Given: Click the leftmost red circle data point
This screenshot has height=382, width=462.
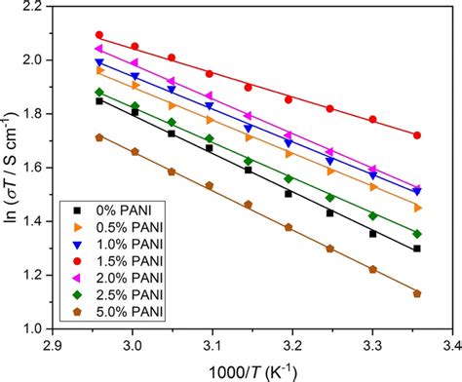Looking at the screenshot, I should pos(99,35).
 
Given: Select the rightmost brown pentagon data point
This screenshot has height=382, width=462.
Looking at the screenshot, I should pos(417,293).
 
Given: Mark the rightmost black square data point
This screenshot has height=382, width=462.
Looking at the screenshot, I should pos(417,248).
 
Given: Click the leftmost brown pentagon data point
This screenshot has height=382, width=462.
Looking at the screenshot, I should pos(99,137).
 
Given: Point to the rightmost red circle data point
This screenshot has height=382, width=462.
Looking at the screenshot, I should pos(417,135).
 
